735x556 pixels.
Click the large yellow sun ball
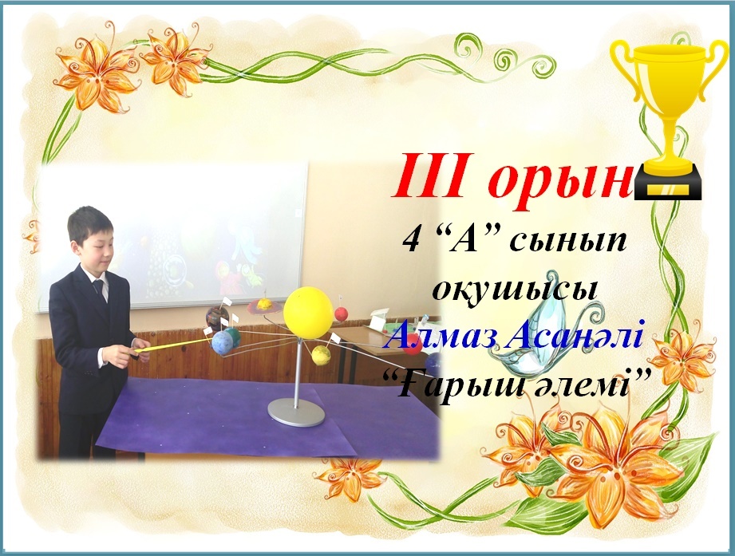click(x=308, y=313)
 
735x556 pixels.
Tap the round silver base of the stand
click(x=296, y=412)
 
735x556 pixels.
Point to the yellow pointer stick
click(x=172, y=345)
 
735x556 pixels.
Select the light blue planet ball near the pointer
click(x=222, y=342)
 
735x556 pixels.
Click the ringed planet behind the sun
click(x=265, y=306)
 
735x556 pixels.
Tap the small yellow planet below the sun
click(x=321, y=355)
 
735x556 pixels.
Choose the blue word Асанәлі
click(x=575, y=335)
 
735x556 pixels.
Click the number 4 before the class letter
click(x=412, y=242)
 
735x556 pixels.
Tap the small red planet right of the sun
click(x=341, y=313)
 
